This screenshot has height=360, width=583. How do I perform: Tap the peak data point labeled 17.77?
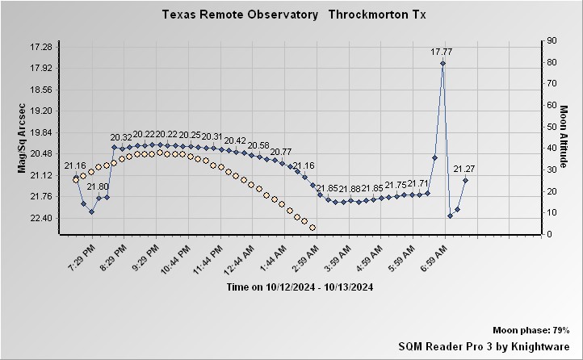tap(442, 63)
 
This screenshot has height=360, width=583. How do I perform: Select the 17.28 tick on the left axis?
tap(40, 47)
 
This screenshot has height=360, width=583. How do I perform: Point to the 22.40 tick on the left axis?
tap(40, 218)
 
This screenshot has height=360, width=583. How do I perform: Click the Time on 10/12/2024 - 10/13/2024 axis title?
tap(300, 287)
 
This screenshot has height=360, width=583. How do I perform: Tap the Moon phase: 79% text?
tap(531, 330)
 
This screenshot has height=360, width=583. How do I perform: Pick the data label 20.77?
tap(281, 152)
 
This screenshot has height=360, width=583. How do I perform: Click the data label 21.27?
tap(464, 169)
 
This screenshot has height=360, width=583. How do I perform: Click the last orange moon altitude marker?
tap(312, 228)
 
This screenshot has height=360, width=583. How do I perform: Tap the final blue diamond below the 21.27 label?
tap(465, 181)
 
